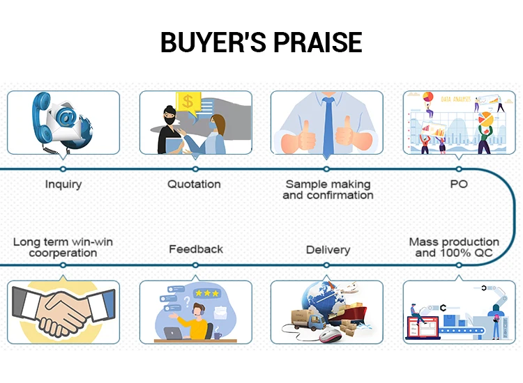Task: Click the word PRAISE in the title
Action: tap(318, 42)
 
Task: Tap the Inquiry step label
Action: tap(63, 184)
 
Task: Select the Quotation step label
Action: tap(194, 184)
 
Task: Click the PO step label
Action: tap(459, 184)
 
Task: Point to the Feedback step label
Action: tap(196, 249)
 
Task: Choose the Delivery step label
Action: tap(328, 250)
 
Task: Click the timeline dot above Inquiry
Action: tap(63, 169)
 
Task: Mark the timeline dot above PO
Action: tap(459, 169)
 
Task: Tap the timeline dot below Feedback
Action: tap(195, 265)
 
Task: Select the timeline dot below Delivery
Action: tap(326, 265)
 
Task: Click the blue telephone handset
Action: tap(40, 116)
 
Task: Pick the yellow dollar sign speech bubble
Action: tap(188, 102)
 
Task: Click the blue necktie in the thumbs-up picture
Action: tap(328, 127)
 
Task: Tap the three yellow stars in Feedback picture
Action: tap(207, 293)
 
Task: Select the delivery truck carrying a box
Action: tap(308, 319)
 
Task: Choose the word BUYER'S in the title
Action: tap(214, 42)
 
